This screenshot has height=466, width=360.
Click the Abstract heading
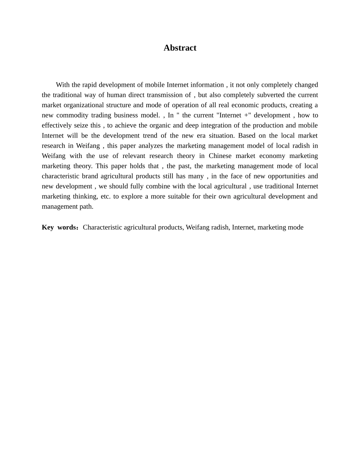[180, 48]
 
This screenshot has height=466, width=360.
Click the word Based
[247, 136]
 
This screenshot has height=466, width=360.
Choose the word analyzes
[149, 146]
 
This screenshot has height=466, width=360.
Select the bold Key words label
[59, 227]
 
